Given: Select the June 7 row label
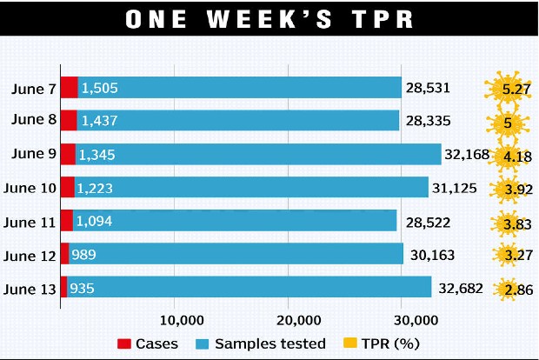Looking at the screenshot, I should click(34, 88).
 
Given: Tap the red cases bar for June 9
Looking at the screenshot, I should click(68, 155).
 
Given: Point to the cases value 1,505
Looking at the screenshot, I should click(98, 88).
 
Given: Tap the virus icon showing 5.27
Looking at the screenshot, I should click(510, 89).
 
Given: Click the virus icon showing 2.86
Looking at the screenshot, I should click(510, 288).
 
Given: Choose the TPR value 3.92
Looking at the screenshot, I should click(510, 188).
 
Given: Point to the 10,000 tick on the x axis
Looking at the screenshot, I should click(176, 317).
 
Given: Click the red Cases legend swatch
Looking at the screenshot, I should click(123, 343).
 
